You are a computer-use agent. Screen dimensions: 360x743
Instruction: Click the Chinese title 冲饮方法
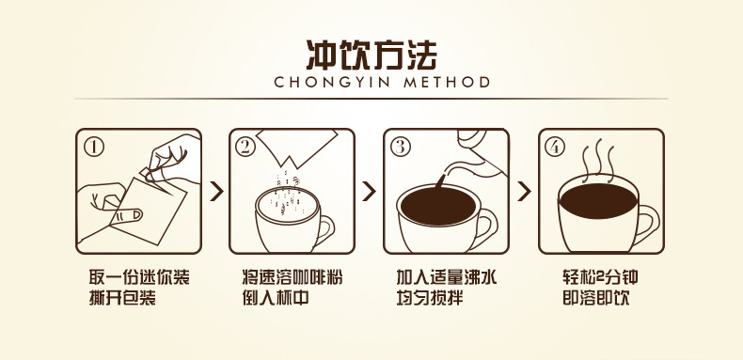(371, 54)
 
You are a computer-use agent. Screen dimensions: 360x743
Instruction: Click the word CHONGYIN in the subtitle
(325, 83)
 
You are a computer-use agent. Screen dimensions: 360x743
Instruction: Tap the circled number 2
(246, 146)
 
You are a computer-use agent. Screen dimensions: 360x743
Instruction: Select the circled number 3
(401, 146)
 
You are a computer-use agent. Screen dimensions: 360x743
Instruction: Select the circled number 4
(556, 146)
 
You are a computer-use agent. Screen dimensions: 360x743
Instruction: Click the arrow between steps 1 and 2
(216, 192)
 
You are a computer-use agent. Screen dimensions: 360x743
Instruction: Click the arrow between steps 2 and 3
(371, 192)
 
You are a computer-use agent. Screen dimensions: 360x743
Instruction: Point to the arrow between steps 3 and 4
(525, 192)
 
